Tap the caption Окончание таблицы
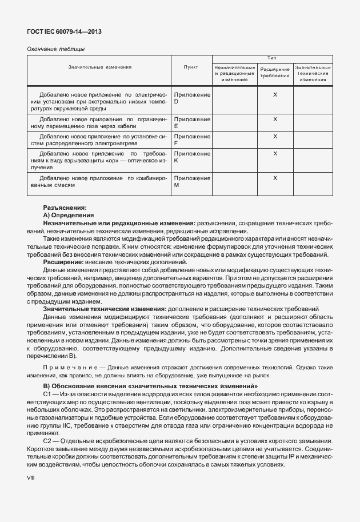tap(56, 49)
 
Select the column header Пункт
tap(191, 67)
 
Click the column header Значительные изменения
tap(100, 67)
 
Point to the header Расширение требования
tap(275, 73)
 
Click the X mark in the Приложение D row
tap(275, 94)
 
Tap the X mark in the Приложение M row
tap(275, 178)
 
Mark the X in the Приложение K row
tap(275, 154)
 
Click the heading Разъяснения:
tap(65, 207)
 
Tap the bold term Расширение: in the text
tap(62, 261)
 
